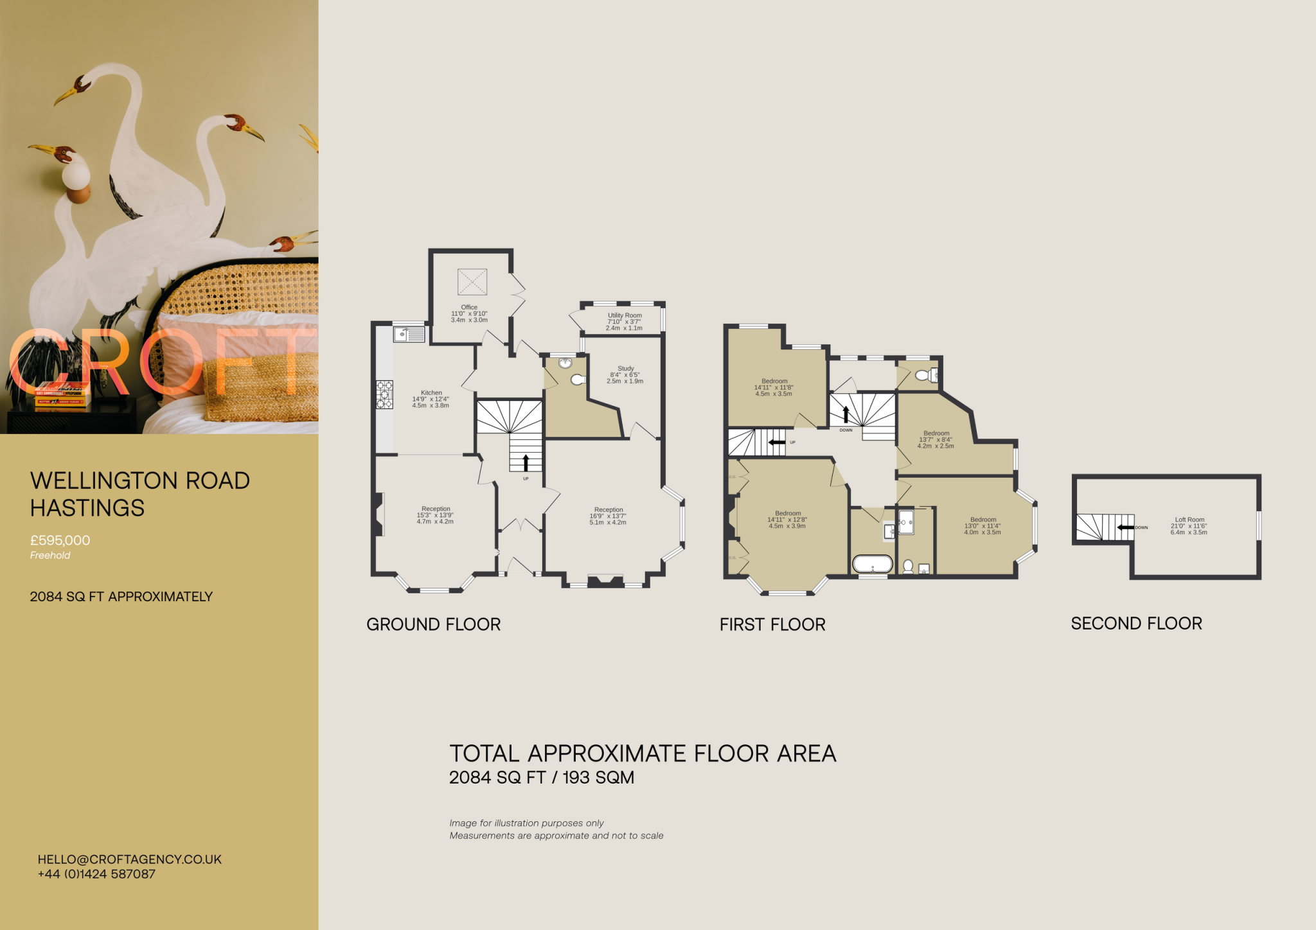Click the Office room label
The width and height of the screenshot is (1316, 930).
[469, 308]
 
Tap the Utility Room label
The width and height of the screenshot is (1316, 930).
[625, 315]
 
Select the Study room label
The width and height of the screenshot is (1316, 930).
[625, 369]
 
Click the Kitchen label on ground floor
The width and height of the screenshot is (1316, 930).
[431, 392]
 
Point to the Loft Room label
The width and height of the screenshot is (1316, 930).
[1189, 520]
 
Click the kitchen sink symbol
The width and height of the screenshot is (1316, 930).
[409, 334]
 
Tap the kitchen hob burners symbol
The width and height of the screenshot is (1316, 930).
[384, 394]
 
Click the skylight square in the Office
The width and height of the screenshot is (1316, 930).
[472, 282]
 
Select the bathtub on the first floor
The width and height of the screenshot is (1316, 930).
[872, 564]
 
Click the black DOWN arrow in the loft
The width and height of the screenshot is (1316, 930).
[1125, 527]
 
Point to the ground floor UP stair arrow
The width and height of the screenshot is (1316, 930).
[526, 462]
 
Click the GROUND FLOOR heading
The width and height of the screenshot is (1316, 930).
[433, 624]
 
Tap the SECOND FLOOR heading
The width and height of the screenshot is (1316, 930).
[1136, 623]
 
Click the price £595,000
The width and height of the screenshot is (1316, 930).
[60, 540]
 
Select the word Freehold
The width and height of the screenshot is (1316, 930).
[50, 556]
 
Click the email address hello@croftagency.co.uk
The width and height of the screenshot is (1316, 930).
[129, 859]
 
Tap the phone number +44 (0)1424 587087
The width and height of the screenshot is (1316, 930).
[96, 874]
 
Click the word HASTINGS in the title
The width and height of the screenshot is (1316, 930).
[87, 508]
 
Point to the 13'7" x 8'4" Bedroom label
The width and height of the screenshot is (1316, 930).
[936, 434]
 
